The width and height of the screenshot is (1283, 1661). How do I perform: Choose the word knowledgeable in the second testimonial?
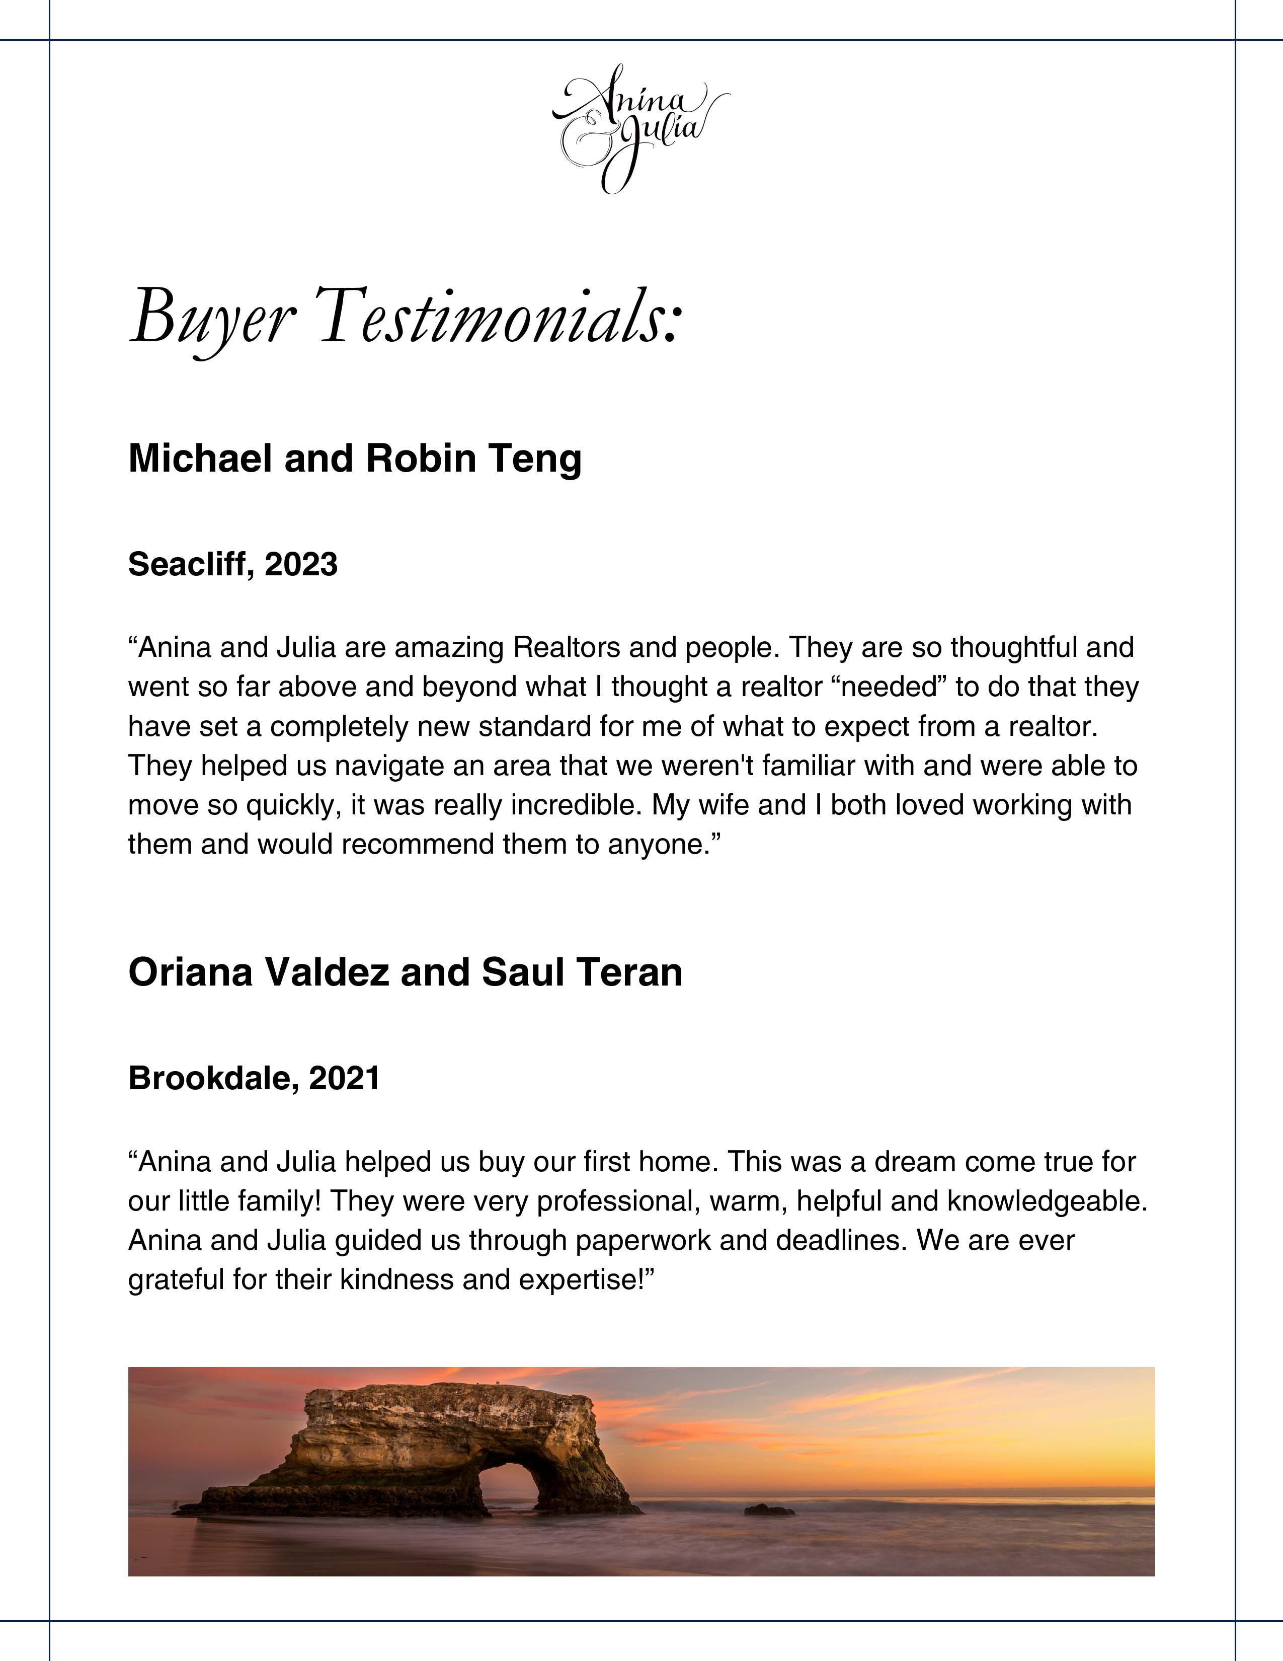[x=1045, y=1201]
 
